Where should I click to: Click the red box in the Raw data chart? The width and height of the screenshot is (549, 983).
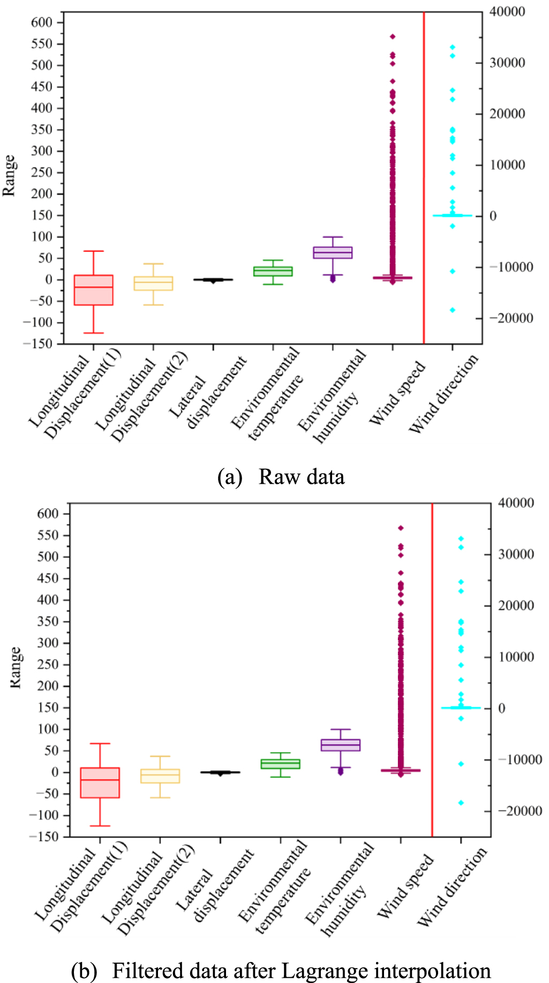tap(93, 290)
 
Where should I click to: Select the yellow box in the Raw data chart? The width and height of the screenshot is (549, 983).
tap(153, 283)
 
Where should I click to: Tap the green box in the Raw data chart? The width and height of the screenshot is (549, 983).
tap(273, 271)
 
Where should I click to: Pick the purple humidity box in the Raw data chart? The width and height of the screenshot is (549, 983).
tap(333, 252)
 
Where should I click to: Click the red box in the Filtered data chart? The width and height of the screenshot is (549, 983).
tap(100, 782)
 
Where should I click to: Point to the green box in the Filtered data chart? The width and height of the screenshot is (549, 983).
tap(280, 764)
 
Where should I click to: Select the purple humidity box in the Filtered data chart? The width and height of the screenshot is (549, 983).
tap(340, 745)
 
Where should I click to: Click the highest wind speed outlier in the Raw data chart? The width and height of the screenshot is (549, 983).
tap(393, 36)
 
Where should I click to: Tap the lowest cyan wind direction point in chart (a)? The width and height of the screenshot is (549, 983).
tap(453, 310)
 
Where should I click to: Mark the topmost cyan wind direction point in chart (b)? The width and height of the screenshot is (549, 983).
tap(461, 539)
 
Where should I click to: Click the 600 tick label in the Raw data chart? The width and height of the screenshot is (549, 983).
tap(42, 22)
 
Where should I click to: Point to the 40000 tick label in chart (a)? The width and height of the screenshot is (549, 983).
tap(507, 12)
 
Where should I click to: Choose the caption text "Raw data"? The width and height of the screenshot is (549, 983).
tap(301, 477)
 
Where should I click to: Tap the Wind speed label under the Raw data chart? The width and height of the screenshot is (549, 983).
tap(397, 393)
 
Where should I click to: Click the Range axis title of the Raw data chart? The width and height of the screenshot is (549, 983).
tap(10, 175)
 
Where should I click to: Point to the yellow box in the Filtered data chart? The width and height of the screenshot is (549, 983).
tap(160, 776)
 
